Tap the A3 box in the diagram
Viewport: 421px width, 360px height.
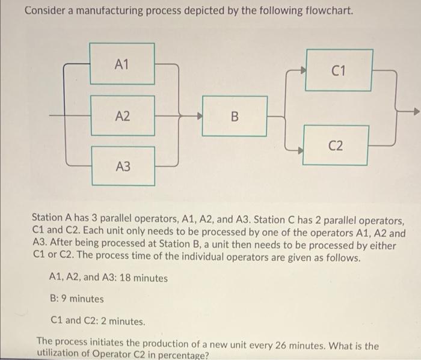[122, 166]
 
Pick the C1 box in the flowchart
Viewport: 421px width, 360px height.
[339, 71]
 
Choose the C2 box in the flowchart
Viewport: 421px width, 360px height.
[336, 145]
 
